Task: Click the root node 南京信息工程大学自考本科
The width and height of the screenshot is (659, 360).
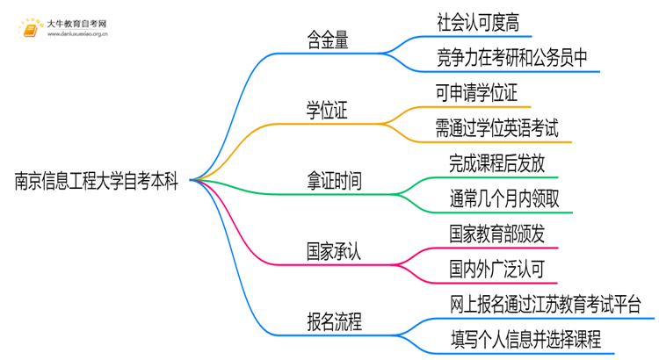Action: [x=98, y=182]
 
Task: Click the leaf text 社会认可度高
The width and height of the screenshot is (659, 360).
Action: [x=483, y=20]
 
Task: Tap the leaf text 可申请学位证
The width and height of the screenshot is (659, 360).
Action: [x=483, y=91]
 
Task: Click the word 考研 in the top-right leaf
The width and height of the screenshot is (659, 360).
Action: [x=518, y=58]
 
